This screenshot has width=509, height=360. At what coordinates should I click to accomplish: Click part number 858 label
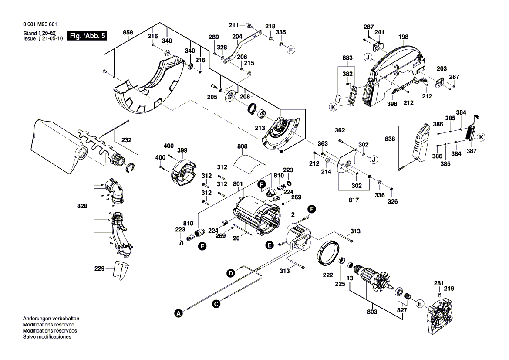[x=128, y=33]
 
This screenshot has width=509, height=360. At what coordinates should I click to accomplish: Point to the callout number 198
[x=403, y=37]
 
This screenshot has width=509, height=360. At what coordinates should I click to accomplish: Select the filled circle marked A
[x=177, y=312]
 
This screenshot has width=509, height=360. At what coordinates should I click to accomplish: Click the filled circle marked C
[x=216, y=305]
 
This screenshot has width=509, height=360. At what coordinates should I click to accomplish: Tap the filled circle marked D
[x=230, y=273]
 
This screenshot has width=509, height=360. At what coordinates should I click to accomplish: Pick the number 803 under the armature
[x=372, y=312]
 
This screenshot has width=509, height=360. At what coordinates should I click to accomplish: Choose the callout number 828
[x=88, y=205]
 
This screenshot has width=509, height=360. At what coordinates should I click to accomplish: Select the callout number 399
[x=182, y=151]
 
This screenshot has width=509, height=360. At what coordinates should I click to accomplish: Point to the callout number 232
[x=126, y=140]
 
